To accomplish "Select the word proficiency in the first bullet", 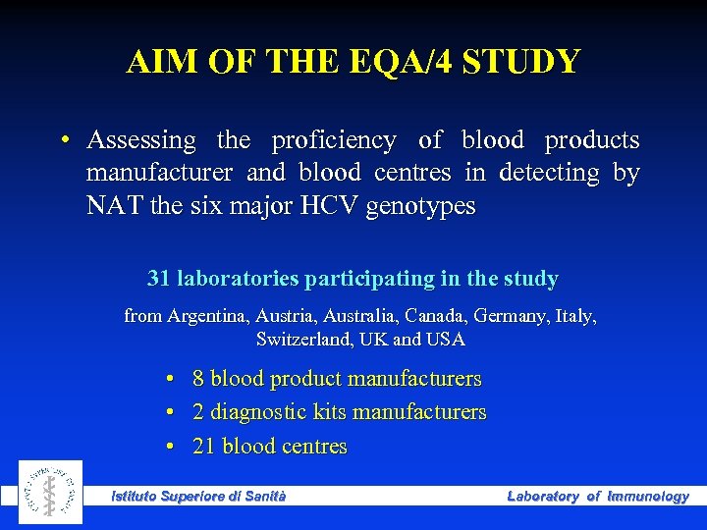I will [334, 140].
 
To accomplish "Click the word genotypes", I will [419, 206].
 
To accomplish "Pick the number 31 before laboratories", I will [159, 279].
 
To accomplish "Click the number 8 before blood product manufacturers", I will [198, 379].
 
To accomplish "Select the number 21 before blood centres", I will [204, 447].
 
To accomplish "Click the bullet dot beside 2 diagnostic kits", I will [170, 412].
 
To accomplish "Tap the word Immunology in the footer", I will [648, 497].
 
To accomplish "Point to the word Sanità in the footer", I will [264, 497].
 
